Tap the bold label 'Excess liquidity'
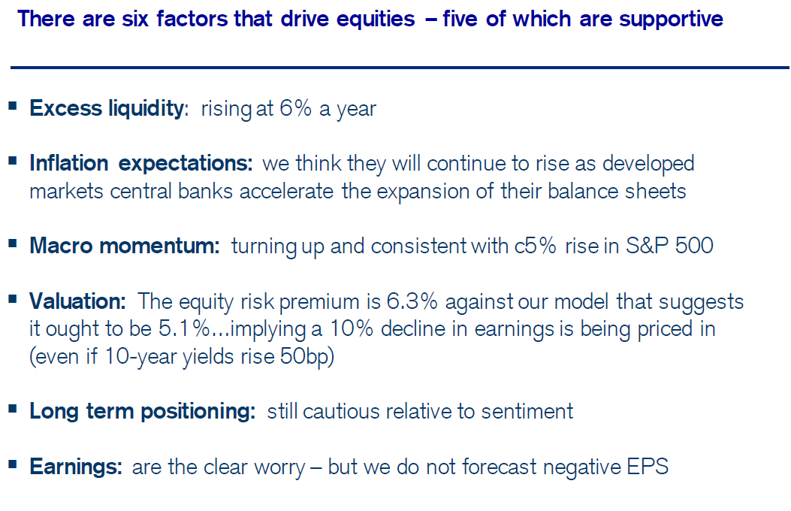[x=107, y=108]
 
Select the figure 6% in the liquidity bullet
[x=296, y=108]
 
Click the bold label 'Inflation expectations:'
[x=140, y=163]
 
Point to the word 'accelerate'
[x=286, y=192]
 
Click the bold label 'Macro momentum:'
[x=125, y=246]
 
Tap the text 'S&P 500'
[x=669, y=246]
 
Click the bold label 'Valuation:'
[x=77, y=301]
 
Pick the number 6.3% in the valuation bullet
[x=412, y=301]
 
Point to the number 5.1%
[x=184, y=329]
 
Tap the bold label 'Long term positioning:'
[x=143, y=412]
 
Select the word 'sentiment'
[x=527, y=412]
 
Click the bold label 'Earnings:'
[x=76, y=467]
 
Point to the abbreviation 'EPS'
[x=648, y=467]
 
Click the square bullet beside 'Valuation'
[x=13, y=299]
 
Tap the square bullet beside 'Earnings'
[x=13, y=464]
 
